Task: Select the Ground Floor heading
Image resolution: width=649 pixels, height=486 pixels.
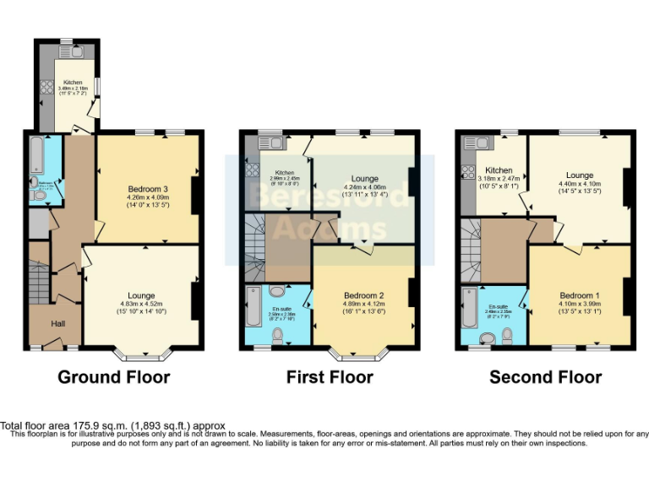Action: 113,377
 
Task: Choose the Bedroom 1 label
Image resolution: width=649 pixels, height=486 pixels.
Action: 579,295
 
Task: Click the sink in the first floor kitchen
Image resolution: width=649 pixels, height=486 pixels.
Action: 270,142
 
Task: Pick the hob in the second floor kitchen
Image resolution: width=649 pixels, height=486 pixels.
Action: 466,172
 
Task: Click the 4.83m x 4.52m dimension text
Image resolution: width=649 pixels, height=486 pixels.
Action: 141,305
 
